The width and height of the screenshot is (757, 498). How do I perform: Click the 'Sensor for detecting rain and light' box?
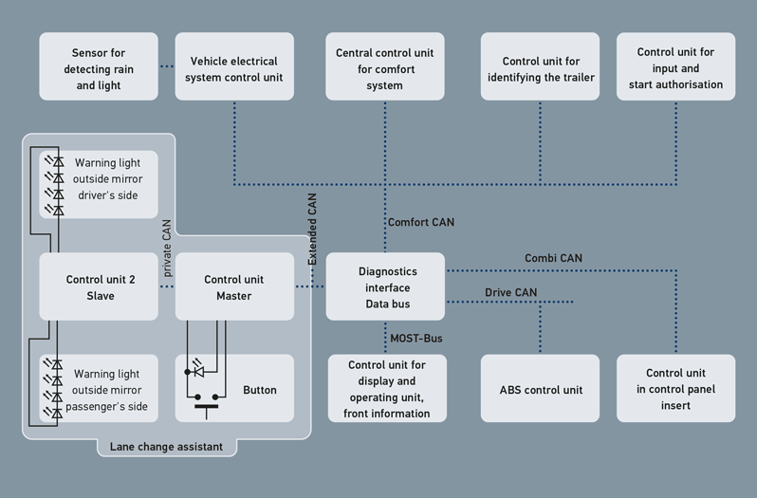coord(99,67)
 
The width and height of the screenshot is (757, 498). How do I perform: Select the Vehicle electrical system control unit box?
coord(235,67)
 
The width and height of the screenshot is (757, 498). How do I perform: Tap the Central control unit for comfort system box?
coord(385,67)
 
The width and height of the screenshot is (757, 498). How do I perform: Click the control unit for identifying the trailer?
coord(541,67)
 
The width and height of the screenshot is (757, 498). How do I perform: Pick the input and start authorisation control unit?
coord(676,67)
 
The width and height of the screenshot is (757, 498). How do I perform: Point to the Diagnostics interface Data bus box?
coord(385,286)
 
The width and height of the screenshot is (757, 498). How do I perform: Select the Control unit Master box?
coord(234,287)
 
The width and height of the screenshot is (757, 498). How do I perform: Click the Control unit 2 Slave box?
coord(100,287)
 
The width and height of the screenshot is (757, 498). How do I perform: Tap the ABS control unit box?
coord(541,389)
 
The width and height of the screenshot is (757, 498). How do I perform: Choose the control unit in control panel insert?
coord(676,389)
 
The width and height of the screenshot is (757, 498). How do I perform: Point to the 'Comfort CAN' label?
coord(421,223)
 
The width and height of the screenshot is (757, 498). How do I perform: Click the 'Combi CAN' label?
coord(553,258)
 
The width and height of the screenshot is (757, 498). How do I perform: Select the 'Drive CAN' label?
coord(511,292)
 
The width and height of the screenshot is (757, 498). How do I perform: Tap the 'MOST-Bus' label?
coord(416,338)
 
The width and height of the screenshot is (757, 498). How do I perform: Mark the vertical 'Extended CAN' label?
coord(312,228)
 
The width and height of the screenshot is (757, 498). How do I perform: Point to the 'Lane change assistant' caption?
coord(167,447)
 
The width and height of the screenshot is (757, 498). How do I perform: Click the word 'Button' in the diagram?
coord(260,390)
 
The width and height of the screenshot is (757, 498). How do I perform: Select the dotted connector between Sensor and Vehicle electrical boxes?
coord(167,66)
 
